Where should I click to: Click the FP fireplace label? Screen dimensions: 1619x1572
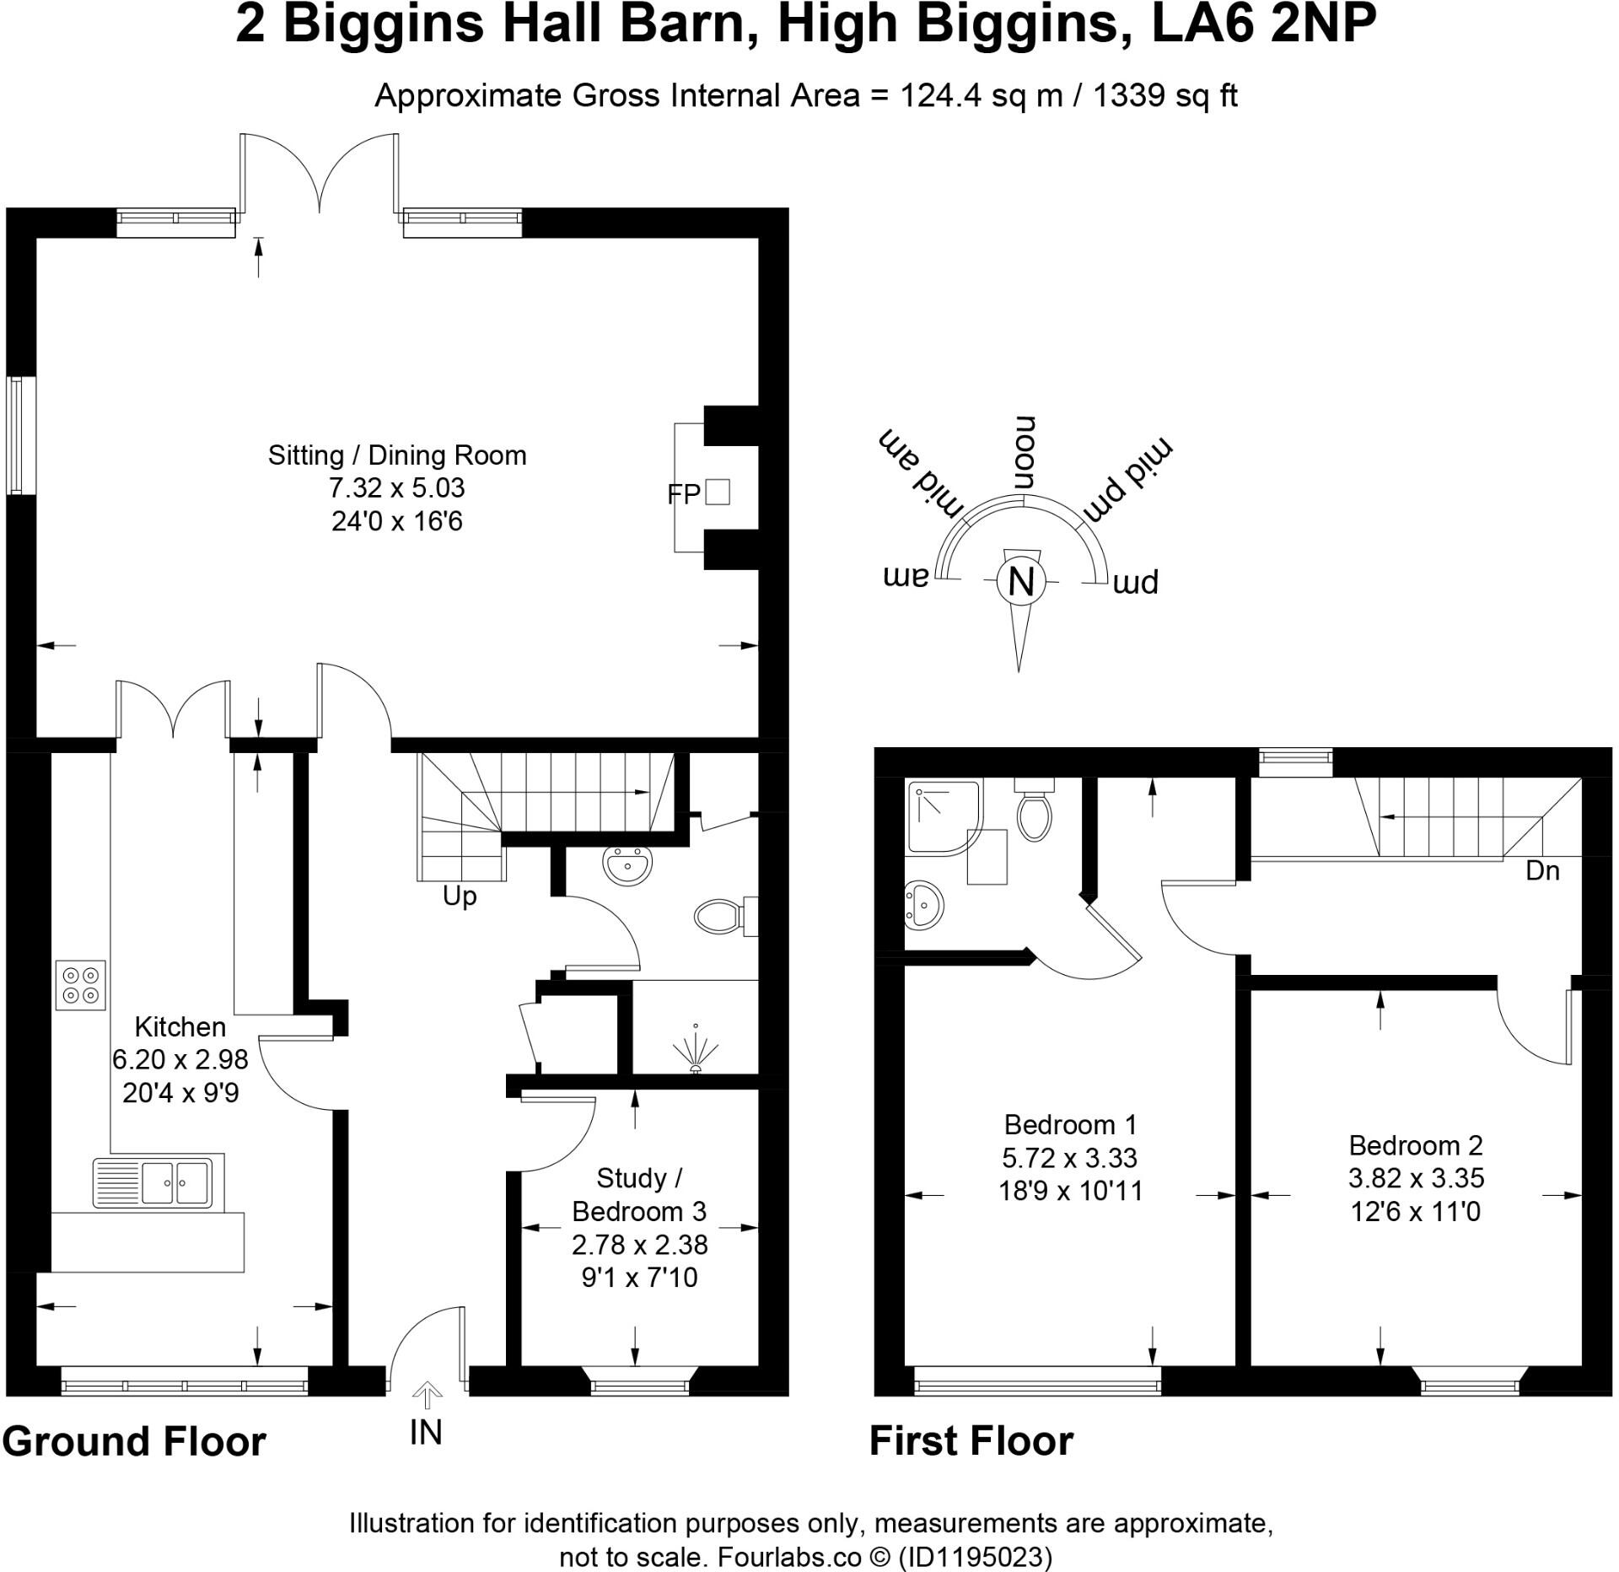[684, 494]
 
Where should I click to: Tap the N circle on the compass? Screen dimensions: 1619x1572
[1021, 581]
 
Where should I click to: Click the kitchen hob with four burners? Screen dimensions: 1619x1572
[81, 984]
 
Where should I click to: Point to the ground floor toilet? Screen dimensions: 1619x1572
[726, 916]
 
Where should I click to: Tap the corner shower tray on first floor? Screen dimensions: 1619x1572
[945, 816]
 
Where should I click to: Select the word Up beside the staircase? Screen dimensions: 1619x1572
[460, 897]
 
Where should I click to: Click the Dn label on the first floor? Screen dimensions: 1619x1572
[1542, 870]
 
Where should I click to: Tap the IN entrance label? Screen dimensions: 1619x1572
[426, 1432]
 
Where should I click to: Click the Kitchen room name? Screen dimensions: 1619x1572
[180, 1026]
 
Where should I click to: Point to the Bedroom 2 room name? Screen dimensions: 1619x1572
[1416, 1145]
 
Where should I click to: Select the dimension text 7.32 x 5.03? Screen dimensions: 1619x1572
[397, 487]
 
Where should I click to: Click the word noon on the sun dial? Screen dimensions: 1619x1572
[1024, 453]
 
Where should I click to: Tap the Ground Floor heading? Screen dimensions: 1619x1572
[135, 1442]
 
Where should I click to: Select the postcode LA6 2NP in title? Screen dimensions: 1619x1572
[1264, 25]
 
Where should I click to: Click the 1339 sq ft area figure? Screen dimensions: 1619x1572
[1165, 96]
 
